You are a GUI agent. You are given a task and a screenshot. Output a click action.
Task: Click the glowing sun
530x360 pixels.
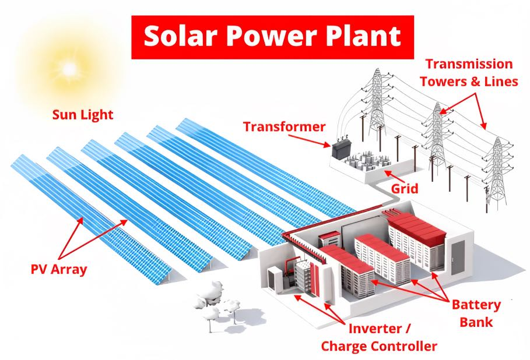coord(69,69)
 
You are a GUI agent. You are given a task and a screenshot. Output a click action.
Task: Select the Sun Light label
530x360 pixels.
coord(82,114)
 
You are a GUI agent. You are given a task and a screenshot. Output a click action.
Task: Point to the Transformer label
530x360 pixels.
coord(285,126)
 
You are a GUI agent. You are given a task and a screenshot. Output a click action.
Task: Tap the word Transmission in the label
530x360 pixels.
coord(469,64)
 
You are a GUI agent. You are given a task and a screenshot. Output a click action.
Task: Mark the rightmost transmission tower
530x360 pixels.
coord(496,172)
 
